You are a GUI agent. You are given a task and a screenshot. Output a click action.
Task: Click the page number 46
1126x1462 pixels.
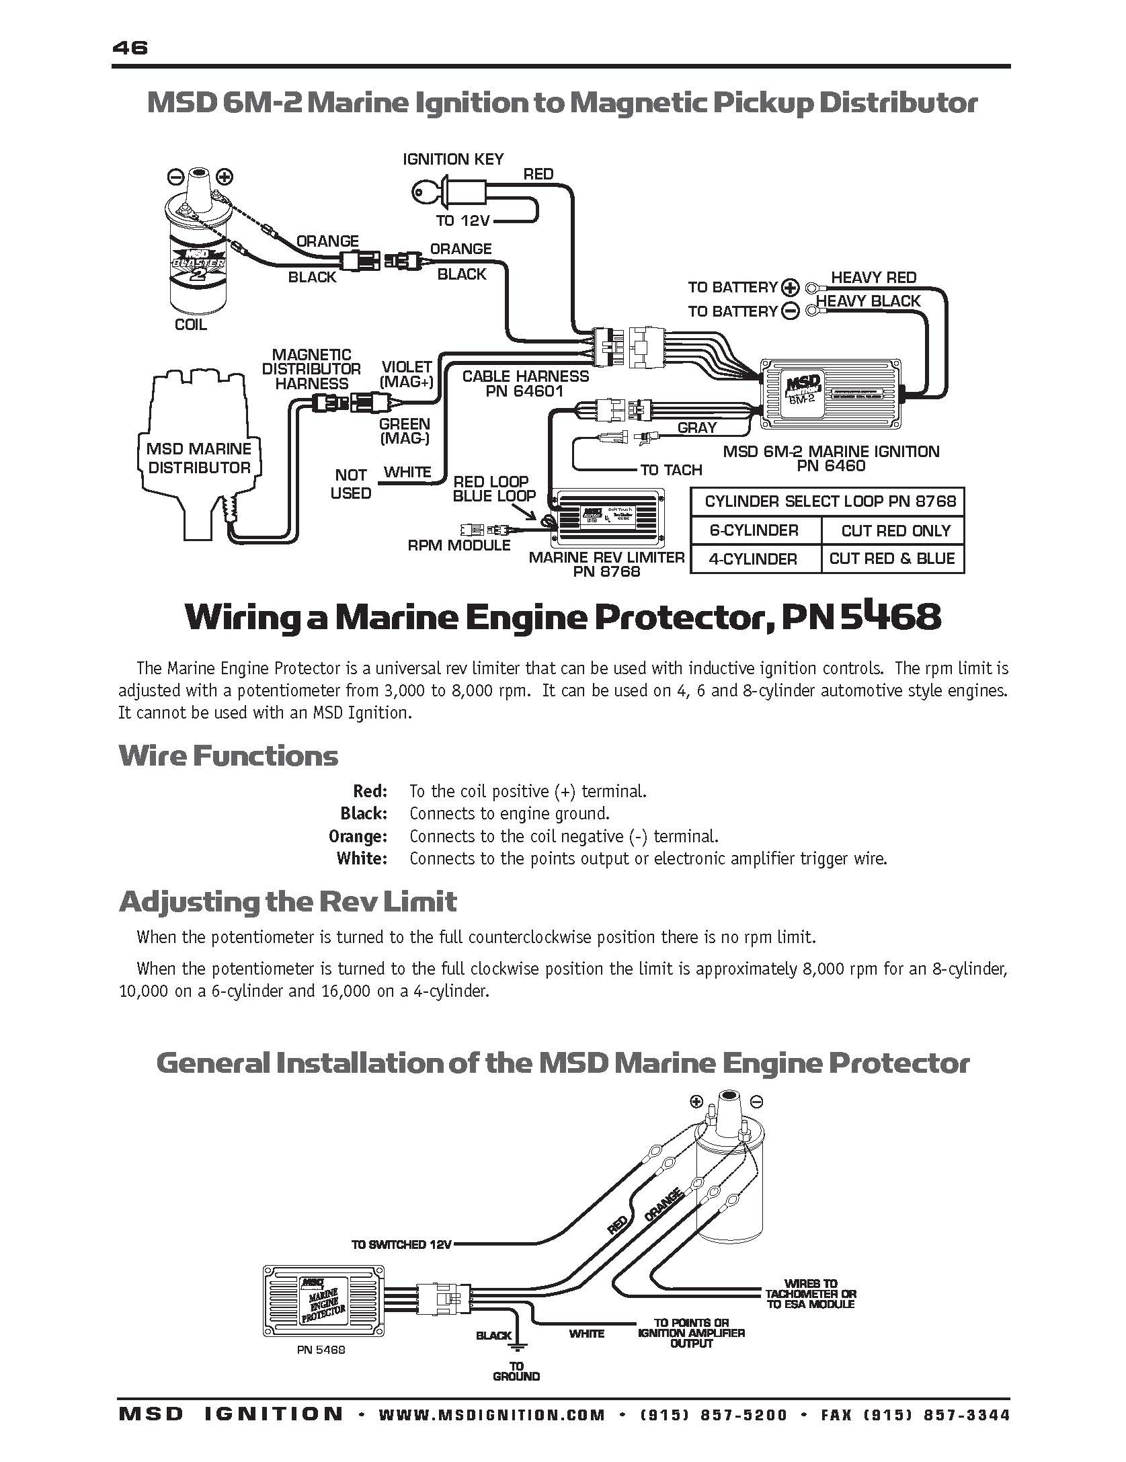tap(130, 48)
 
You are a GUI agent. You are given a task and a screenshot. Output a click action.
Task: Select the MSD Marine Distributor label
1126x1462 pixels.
tap(199, 458)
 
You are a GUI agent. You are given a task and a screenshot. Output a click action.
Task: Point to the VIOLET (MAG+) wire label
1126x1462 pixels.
tap(406, 374)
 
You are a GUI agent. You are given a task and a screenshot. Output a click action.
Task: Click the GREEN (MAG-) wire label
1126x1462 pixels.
tap(404, 431)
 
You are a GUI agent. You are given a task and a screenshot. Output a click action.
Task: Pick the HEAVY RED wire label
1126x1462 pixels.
tap(873, 278)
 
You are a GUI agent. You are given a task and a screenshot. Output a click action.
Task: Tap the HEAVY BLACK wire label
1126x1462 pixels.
tap(868, 301)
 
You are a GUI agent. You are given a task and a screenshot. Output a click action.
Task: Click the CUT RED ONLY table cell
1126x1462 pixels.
tap(895, 531)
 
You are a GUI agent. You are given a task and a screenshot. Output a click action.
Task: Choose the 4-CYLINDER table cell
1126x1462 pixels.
tap(754, 559)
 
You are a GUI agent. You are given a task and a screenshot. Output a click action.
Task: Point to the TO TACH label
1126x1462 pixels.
tap(670, 470)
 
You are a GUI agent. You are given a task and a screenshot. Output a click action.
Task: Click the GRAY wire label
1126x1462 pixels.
tap(697, 428)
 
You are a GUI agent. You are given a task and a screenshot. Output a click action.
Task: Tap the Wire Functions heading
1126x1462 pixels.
tap(229, 756)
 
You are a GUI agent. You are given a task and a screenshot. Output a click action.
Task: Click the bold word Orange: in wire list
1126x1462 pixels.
tap(358, 836)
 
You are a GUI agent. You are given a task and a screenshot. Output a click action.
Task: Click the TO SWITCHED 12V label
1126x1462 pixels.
tap(401, 1244)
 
